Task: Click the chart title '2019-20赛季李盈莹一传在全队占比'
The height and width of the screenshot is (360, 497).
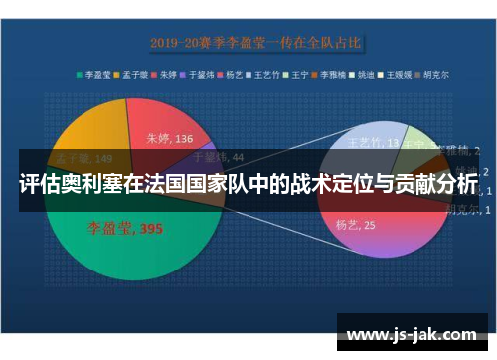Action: (255, 43)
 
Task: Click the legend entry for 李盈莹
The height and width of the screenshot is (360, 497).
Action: (95, 74)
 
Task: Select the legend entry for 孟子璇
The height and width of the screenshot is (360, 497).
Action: (135, 74)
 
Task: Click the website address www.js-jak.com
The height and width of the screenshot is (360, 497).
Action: (412, 334)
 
